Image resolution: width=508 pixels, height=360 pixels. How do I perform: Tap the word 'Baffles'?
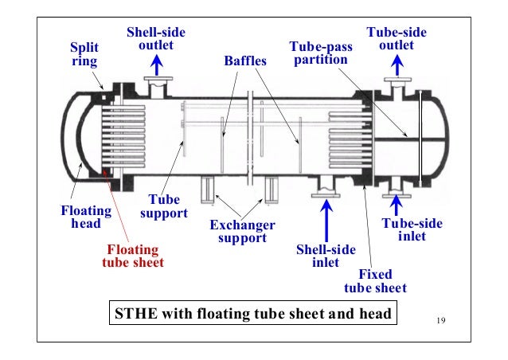[x=247, y=61]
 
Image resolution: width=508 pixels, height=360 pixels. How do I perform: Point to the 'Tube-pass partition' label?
[x=320, y=53]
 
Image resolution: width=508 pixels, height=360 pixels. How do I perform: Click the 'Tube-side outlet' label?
[x=396, y=39]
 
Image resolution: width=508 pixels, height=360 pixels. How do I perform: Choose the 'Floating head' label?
[x=82, y=217]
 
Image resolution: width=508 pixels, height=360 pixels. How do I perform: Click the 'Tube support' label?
[x=162, y=207]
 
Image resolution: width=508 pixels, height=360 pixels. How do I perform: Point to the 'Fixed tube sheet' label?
[x=374, y=281]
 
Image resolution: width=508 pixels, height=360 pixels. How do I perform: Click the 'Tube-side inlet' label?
[x=412, y=229]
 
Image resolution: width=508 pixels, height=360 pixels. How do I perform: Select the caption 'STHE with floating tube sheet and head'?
[x=252, y=314]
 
